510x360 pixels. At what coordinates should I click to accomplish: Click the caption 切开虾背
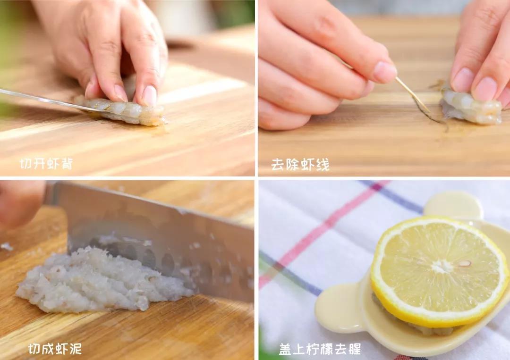(x=46, y=164)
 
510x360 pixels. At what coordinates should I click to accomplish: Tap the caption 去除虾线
(x=300, y=164)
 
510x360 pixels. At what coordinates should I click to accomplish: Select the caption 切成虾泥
(x=55, y=349)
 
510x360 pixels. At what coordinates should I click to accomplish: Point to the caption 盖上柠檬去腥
(x=320, y=349)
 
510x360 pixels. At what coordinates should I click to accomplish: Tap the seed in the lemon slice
(x=465, y=263)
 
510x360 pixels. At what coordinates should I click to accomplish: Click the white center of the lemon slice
(x=442, y=267)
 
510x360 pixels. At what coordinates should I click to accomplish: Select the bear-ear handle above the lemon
(x=453, y=204)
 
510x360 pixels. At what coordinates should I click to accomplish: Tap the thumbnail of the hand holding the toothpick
(x=385, y=72)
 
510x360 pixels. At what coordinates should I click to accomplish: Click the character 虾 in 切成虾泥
(x=62, y=349)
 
